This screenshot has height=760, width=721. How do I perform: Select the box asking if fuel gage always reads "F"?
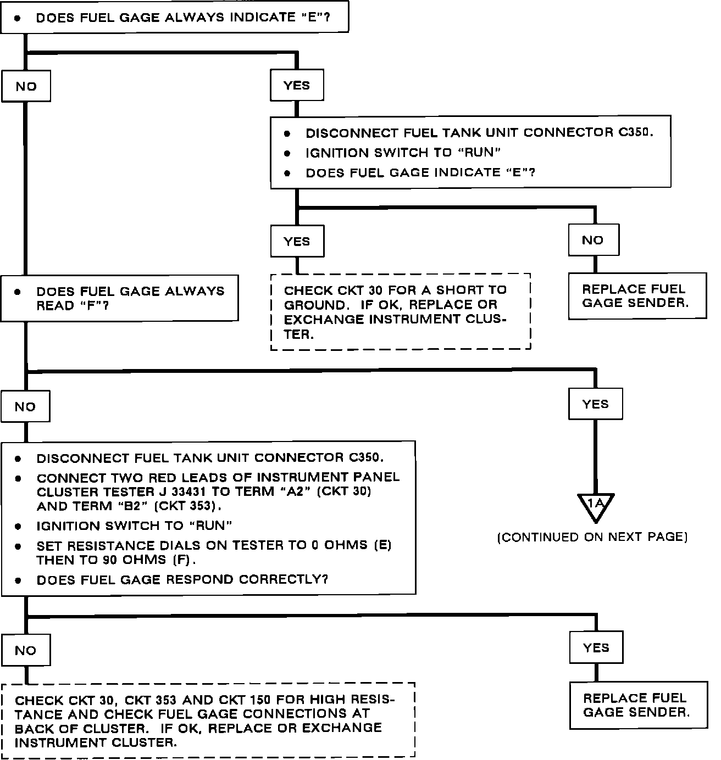pyautogui.click(x=119, y=298)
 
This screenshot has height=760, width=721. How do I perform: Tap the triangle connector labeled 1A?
pyautogui.click(x=595, y=505)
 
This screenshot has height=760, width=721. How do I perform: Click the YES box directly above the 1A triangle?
pyautogui.click(x=595, y=404)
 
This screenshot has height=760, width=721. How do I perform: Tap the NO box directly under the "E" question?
pyautogui.click(x=26, y=86)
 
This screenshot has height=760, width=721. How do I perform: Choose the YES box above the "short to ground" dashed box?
pyautogui.click(x=297, y=242)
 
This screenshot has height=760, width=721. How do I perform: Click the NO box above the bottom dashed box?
pyautogui.click(x=25, y=650)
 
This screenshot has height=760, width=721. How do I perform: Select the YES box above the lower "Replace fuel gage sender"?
pyautogui.click(x=596, y=648)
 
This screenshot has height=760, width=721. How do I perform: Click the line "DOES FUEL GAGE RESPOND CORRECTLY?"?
pyautogui.click(x=182, y=580)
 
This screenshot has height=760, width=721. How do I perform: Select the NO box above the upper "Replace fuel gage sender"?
pyautogui.click(x=593, y=240)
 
